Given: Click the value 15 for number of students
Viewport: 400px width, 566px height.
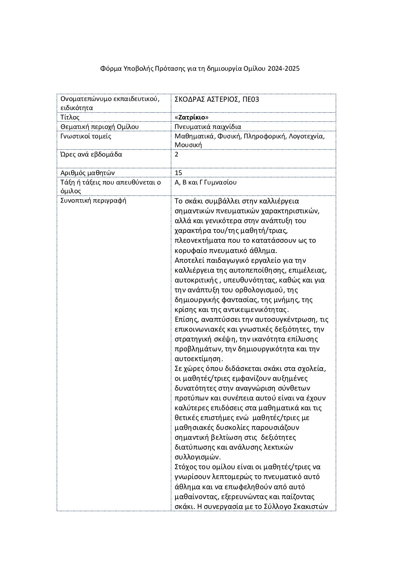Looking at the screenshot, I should tap(178, 173).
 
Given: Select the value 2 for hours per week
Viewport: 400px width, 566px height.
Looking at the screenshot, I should tap(177, 154).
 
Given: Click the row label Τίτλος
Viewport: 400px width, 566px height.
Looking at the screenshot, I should tap(70, 117).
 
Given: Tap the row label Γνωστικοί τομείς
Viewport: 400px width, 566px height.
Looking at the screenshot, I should tap(86, 136).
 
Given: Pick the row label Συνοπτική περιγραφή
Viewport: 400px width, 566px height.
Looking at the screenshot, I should tap(93, 200).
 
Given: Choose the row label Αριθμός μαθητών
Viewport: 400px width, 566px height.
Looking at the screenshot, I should tap(87, 173).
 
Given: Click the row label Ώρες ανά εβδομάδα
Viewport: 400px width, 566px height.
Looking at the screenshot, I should tap(91, 154).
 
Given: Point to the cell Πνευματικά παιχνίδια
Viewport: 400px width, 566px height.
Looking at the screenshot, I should tap(208, 127).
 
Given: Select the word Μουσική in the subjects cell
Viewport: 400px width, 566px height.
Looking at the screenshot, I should tap(188, 145).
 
